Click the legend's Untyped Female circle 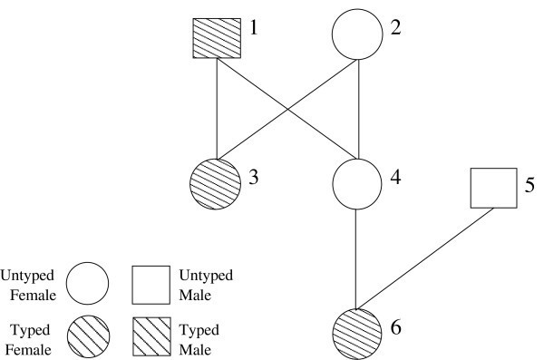(86, 284)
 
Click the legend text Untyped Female (32, 284)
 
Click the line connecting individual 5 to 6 (426, 258)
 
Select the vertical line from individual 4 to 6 (359, 254)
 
